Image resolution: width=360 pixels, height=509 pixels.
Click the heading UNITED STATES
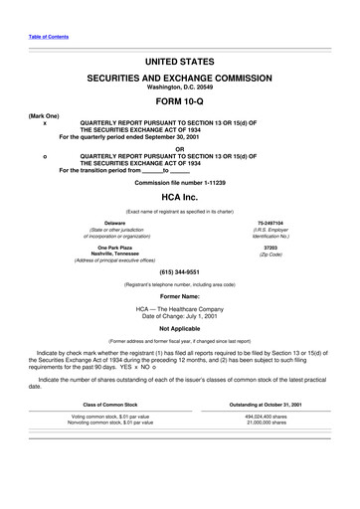[x=180, y=62]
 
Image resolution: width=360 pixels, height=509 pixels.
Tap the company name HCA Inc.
[x=180, y=199]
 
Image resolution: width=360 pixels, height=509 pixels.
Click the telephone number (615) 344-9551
[x=180, y=271]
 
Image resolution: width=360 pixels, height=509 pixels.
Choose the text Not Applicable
[x=180, y=328]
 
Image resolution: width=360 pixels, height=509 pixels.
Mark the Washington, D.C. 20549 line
[x=180, y=85]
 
